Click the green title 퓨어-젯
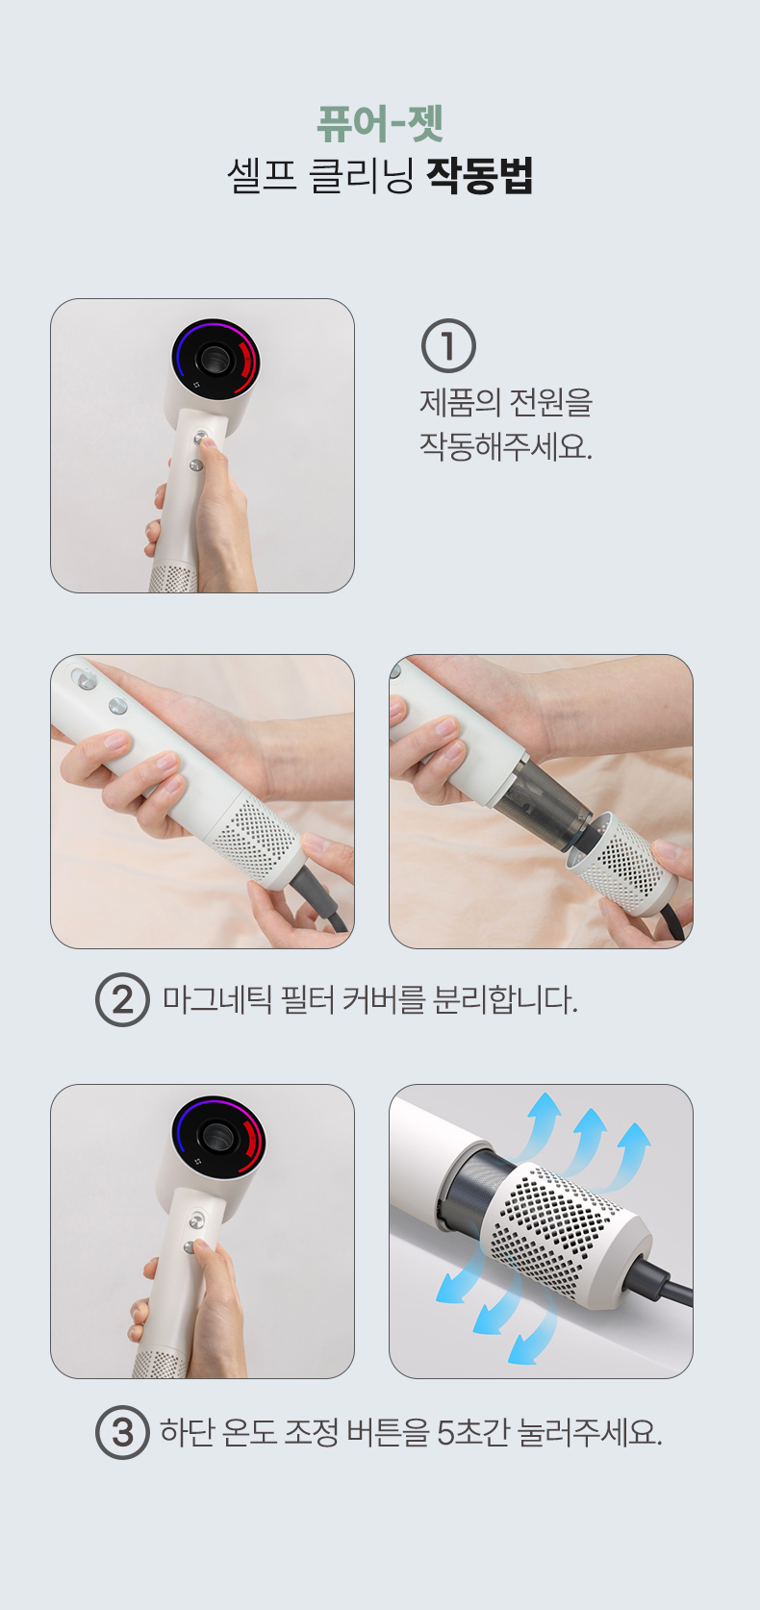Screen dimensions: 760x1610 click(380, 124)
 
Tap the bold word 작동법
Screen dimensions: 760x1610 click(480, 175)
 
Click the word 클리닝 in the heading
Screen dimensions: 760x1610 click(361, 175)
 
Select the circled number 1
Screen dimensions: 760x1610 click(448, 345)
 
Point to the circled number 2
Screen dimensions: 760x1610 click(122, 999)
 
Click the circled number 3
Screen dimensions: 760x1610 click(122, 1432)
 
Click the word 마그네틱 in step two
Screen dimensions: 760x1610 click(216, 1000)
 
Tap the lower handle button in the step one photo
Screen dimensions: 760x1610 click(195, 465)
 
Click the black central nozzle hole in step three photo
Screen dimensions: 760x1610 click(215, 1137)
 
